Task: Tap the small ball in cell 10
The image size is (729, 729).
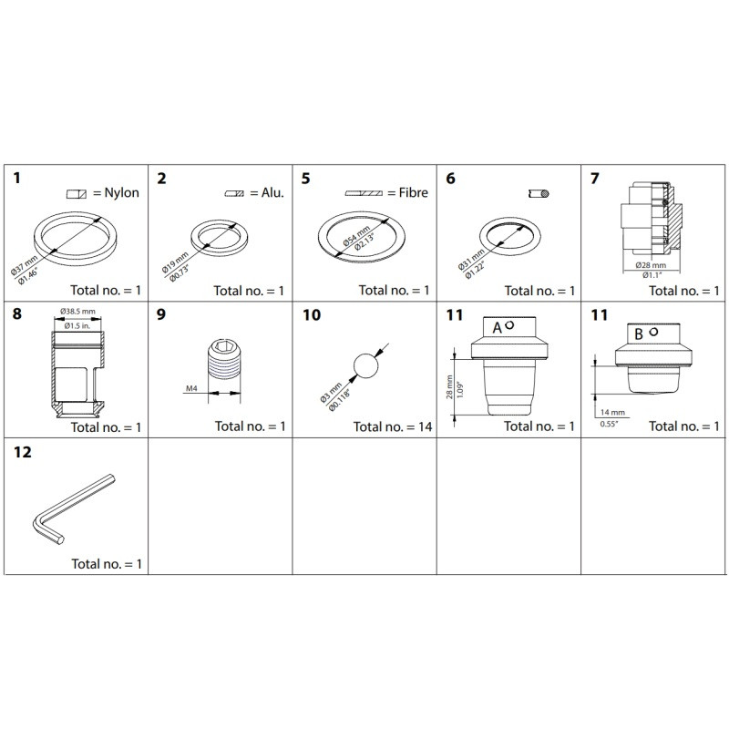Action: coord(365,367)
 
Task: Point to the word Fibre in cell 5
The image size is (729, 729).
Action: coord(412,193)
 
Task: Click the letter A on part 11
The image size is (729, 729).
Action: coord(498,328)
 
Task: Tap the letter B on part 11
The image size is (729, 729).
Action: coord(639,334)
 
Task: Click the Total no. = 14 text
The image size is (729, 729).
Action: coord(392,426)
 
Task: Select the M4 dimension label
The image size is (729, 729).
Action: coord(192,389)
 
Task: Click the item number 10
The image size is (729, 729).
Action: coord(312,315)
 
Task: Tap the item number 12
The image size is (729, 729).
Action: coord(22,452)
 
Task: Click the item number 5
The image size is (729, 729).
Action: coord(305,178)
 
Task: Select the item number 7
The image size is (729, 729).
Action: coord(595,178)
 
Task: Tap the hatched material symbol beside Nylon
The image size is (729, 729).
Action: coord(76,194)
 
